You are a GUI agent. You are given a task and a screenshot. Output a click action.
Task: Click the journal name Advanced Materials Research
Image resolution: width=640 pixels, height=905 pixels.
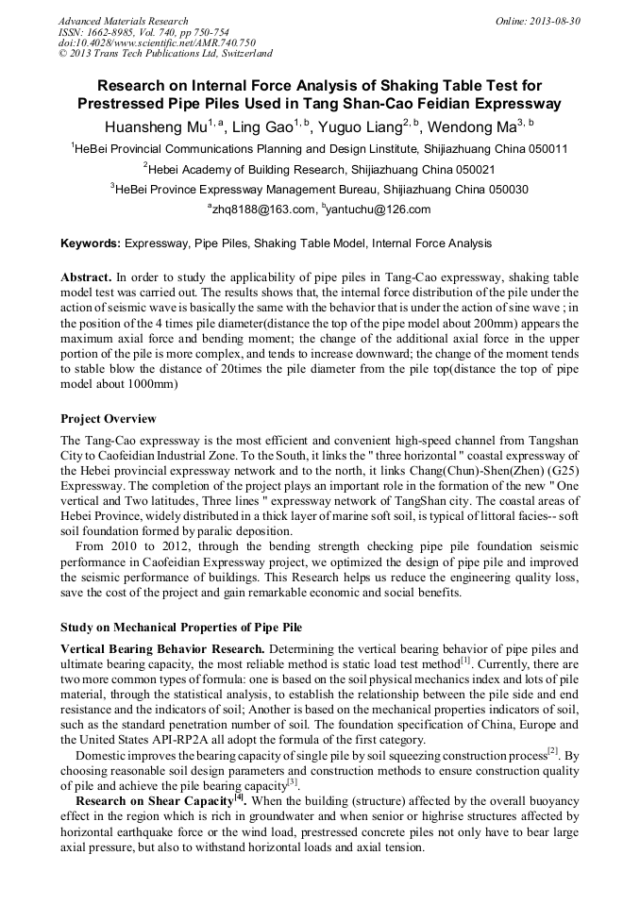(x=123, y=21)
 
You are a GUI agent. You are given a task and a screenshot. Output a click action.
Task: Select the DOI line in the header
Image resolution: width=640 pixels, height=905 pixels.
(x=157, y=42)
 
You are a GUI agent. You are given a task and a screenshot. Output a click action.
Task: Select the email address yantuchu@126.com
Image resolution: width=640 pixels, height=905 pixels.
(x=379, y=209)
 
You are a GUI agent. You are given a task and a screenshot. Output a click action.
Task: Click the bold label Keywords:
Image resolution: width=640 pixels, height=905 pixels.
(x=91, y=243)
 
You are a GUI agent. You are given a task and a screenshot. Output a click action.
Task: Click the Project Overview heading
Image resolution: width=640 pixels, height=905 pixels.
(x=109, y=419)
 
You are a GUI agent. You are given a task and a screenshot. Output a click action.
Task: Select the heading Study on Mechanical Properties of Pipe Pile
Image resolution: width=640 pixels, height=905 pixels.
(x=180, y=627)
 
